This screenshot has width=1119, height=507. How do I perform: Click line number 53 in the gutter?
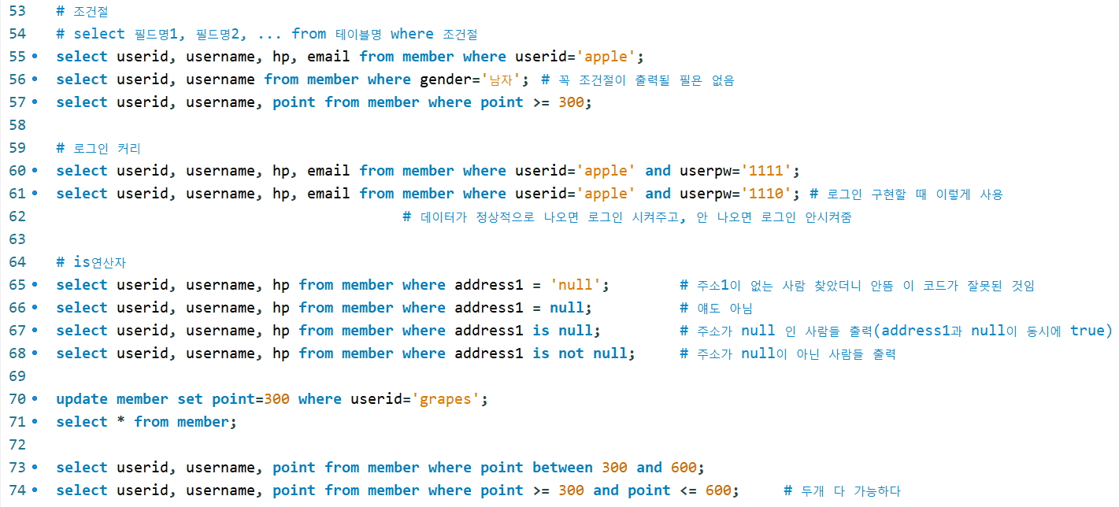coord(17,11)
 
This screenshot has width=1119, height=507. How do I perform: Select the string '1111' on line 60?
coord(768,171)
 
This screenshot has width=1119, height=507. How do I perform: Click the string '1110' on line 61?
coord(768,194)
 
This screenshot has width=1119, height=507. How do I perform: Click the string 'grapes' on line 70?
coord(446,399)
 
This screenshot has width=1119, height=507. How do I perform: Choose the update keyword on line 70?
coord(82,399)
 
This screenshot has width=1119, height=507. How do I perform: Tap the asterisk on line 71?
coord(120,422)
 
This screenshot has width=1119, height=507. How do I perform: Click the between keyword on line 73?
coord(562,468)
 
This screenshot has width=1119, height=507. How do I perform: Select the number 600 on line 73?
coord(684,468)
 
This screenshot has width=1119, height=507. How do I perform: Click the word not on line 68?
coord(571,353)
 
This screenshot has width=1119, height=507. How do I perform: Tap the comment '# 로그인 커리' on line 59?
coord(98,148)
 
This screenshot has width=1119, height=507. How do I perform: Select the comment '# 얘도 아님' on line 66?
coord(716,308)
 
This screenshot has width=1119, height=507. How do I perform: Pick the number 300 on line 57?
coord(571,102)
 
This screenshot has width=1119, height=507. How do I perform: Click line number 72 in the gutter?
coord(17,445)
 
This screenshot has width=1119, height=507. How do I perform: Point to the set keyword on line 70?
coord(190,399)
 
